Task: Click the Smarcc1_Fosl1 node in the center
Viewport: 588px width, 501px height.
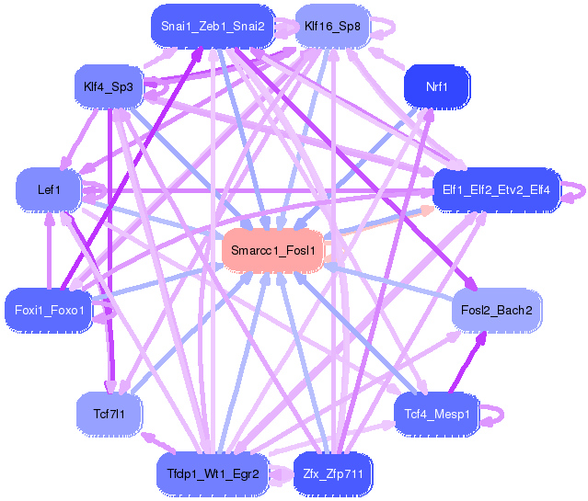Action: click(x=272, y=250)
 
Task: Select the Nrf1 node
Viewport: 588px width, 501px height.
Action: click(x=437, y=87)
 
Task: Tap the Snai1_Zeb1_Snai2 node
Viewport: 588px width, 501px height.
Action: click(x=213, y=26)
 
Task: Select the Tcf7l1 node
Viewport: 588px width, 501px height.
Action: click(x=109, y=413)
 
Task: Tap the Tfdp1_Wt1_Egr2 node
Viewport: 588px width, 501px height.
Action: click(x=213, y=474)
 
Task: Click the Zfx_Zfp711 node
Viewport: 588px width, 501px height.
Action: click(x=332, y=474)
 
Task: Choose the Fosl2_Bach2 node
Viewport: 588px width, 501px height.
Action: click(x=497, y=310)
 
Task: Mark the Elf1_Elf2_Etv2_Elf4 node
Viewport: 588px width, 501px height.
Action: click(x=496, y=190)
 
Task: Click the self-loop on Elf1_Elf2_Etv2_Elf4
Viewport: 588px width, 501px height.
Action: click(x=576, y=191)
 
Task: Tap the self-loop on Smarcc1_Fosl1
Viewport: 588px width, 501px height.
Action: click(x=336, y=250)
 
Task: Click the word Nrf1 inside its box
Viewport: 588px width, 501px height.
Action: click(x=437, y=87)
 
